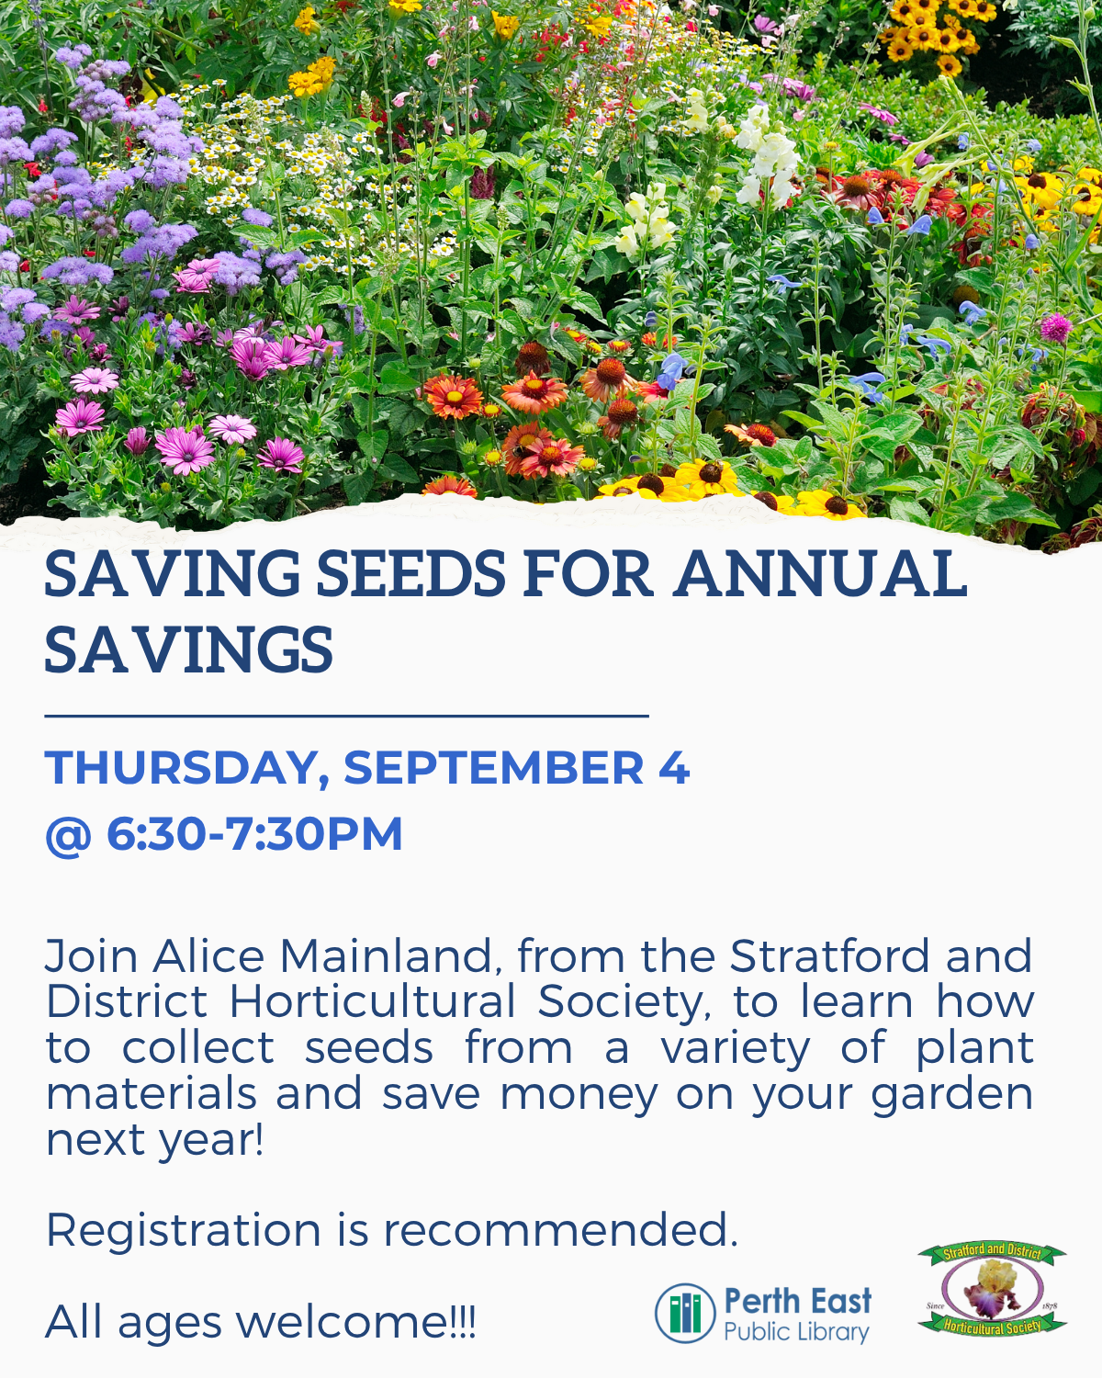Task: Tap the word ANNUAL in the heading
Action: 820,574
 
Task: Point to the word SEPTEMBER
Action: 494,767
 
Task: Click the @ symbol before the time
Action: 69,835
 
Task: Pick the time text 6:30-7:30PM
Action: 254,834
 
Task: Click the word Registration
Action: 183,1231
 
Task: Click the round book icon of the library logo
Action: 684,1313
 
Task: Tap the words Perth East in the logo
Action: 798,1301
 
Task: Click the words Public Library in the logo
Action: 796,1333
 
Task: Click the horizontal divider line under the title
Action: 346,716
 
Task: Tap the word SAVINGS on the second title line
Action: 189,650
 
